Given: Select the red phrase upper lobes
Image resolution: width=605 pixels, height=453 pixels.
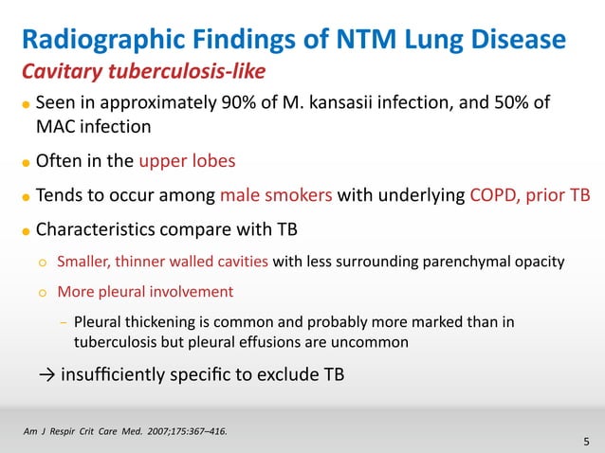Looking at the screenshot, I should pyautogui.click(x=181, y=160).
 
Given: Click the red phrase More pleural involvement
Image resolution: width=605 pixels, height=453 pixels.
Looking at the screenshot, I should pyautogui.click(x=145, y=292).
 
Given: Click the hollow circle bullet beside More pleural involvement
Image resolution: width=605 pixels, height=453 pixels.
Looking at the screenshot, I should pyautogui.click(x=42, y=292).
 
